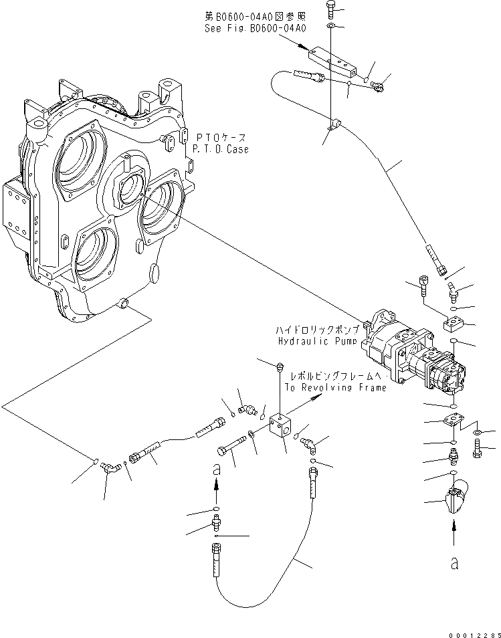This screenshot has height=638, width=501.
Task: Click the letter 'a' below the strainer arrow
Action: pos(454,564)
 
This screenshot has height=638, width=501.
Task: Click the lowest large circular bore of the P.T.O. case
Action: pos(99,255)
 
